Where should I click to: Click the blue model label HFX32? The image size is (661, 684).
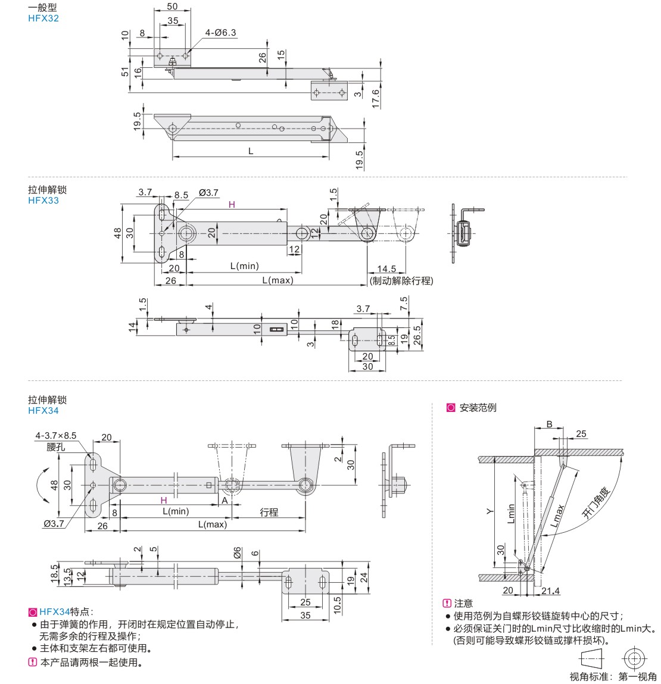click(43, 18)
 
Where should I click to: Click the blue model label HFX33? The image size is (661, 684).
click(43, 200)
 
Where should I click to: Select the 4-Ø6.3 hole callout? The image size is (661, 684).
click(221, 32)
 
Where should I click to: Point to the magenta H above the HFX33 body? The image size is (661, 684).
click(232, 204)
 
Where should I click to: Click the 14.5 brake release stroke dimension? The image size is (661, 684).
click(386, 269)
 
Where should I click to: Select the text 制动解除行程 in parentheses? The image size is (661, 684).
click(401, 280)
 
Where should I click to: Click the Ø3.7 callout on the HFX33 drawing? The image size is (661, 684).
click(209, 193)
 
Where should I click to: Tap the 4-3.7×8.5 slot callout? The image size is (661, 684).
click(56, 436)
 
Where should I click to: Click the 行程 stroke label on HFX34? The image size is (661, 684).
click(269, 512)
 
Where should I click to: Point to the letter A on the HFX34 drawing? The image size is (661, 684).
click(225, 501)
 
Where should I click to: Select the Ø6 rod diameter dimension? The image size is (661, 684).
click(238, 552)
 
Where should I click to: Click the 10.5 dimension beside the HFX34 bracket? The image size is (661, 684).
click(337, 604)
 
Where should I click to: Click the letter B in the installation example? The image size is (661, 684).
click(550, 424)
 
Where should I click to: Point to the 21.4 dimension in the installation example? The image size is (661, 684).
click(551, 591)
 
